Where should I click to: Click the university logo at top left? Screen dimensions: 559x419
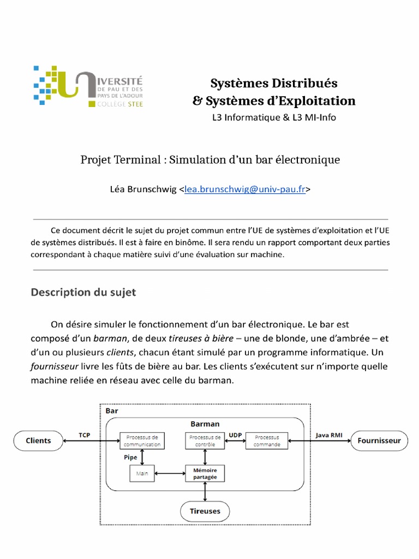pos(88,86)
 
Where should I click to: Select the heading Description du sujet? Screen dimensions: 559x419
pos(83,293)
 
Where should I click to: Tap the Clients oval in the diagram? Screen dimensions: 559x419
pos(38,441)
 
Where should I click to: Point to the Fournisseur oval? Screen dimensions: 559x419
pos(379,441)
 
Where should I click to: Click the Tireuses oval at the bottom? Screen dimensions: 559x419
pos(205,511)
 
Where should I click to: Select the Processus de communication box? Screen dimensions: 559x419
pos(142,441)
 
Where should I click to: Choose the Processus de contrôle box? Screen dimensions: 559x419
pos(205,441)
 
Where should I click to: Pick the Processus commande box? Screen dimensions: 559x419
pos(267,441)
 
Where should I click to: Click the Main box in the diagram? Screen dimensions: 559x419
pos(142,473)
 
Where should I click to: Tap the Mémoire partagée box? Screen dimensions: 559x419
pos(205,473)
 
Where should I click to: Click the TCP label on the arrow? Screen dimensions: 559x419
pos(85,435)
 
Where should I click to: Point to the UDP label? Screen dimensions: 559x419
pos(235,435)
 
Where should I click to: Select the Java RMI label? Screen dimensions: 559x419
pos(330,435)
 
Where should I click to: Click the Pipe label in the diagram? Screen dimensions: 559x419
pos(130,457)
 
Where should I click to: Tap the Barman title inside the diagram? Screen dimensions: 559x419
pos(205,424)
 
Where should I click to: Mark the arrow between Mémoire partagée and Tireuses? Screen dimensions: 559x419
pos(205,491)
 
